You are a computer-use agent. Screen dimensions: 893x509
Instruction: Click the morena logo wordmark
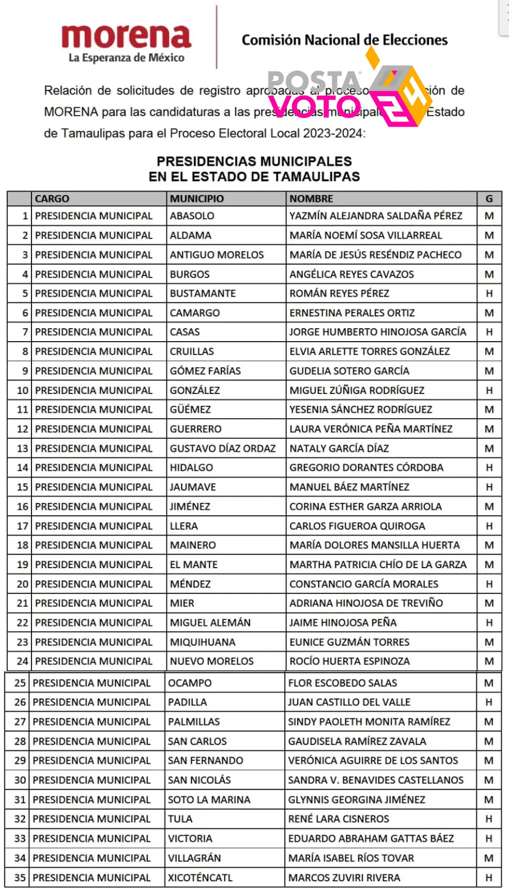(126, 37)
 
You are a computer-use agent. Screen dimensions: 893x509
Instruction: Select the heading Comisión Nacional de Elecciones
(344, 40)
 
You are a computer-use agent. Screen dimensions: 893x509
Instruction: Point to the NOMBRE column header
(311, 199)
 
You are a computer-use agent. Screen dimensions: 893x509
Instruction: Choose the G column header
(489, 199)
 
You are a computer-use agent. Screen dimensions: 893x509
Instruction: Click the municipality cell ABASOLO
(192, 216)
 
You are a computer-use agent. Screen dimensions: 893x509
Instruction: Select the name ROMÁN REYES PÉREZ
(339, 293)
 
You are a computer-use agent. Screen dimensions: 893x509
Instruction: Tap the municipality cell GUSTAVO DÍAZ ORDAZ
(223, 448)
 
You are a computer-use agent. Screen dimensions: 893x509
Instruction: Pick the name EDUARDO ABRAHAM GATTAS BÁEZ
(371, 838)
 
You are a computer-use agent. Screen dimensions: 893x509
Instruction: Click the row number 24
(22, 661)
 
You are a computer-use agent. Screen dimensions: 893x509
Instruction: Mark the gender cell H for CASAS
(489, 332)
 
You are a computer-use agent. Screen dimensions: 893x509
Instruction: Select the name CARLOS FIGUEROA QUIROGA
(357, 526)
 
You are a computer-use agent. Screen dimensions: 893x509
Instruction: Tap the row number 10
(22, 391)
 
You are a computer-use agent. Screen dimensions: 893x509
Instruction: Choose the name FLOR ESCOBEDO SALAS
(343, 683)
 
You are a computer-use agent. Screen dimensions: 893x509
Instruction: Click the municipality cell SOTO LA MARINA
(209, 800)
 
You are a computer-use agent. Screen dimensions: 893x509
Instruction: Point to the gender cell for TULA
(489, 819)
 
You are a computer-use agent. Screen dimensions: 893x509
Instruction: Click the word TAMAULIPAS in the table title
(316, 177)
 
